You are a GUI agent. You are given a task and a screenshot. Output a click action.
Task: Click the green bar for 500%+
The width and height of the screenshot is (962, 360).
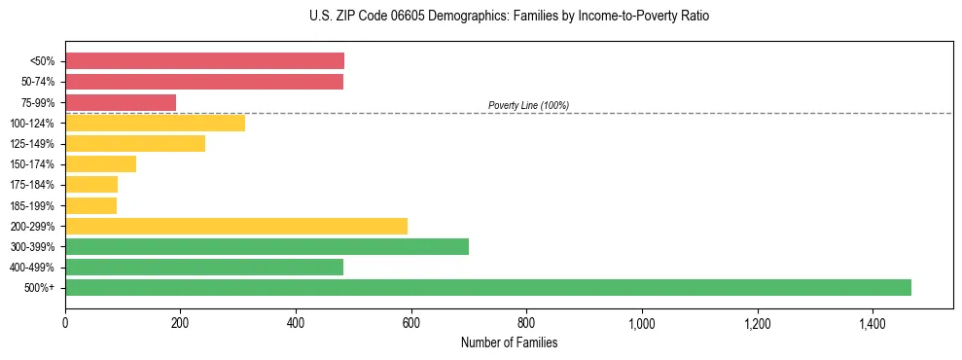click(488, 287)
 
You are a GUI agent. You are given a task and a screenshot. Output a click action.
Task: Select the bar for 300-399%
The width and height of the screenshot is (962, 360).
click(267, 246)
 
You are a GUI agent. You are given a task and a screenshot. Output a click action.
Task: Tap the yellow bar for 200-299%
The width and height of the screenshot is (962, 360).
click(236, 226)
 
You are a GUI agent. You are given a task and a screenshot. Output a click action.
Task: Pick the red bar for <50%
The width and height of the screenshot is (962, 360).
click(204, 61)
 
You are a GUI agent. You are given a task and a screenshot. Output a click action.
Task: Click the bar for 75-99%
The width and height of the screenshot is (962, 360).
click(121, 102)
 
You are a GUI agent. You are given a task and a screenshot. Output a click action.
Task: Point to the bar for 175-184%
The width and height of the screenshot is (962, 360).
click(91, 184)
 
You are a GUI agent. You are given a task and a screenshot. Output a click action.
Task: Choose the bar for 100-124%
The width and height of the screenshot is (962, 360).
click(155, 123)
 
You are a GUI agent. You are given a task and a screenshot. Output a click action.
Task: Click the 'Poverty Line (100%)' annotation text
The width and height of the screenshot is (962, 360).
click(528, 105)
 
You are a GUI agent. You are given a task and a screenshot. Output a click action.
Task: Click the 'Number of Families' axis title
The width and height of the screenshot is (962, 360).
click(509, 342)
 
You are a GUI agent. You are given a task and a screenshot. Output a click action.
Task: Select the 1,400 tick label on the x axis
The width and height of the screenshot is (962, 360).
click(873, 324)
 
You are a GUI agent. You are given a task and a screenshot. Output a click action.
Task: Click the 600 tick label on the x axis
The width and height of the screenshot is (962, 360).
click(411, 324)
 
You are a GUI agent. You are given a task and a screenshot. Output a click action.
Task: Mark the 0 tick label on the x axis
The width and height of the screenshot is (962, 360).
click(65, 324)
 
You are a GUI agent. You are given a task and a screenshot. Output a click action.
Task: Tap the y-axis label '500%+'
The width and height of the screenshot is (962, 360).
click(41, 288)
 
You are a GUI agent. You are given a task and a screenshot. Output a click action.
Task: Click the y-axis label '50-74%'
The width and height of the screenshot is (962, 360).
click(37, 82)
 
